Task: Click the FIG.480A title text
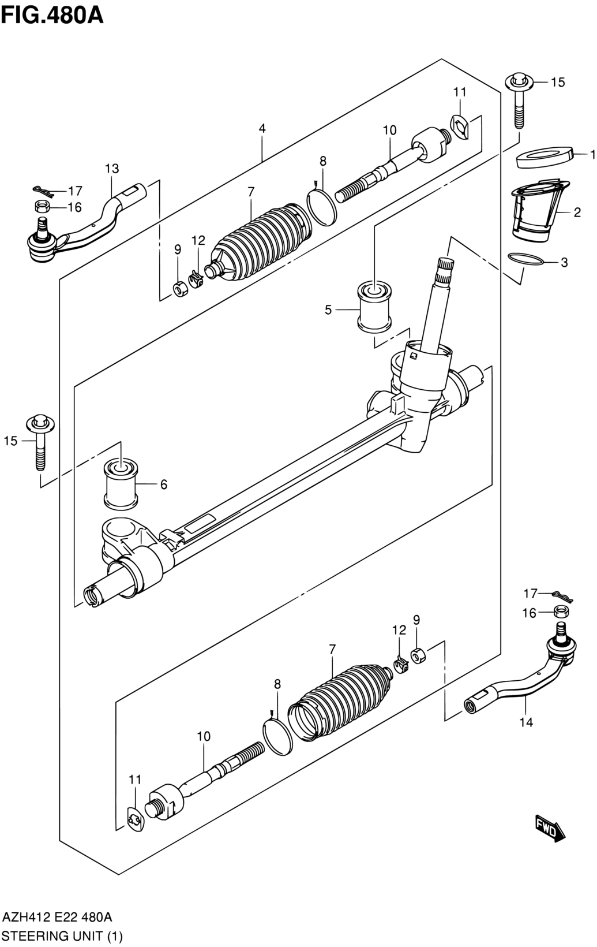(x=52, y=16)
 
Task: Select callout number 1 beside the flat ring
(x=592, y=155)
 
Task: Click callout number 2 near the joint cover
(x=577, y=212)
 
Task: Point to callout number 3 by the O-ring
(x=564, y=262)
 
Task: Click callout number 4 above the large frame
(x=262, y=129)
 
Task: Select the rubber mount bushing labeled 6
(x=121, y=484)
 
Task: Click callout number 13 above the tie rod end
(x=112, y=169)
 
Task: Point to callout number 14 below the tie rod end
(x=526, y=722)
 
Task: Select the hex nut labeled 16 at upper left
(x=42, y=207)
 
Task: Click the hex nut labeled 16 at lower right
(x=561, y=612)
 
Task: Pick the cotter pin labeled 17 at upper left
(x=44, y=191)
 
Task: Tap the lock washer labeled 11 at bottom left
(x=136, y=820)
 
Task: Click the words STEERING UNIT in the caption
(x=51, y=936)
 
